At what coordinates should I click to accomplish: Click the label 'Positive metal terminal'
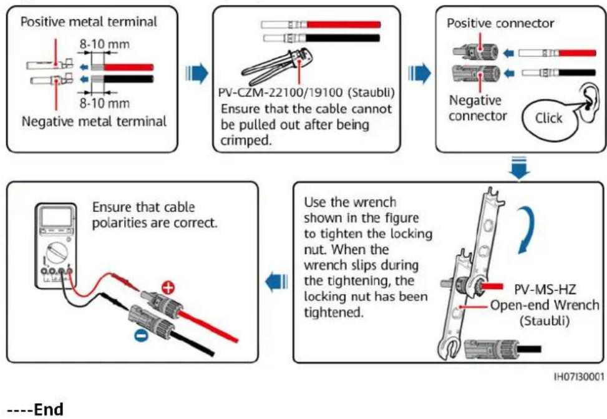point(89,22)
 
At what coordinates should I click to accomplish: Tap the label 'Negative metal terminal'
point(94,121)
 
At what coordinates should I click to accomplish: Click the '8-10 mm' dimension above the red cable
point(105,44)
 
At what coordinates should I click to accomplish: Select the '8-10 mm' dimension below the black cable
point(105,103)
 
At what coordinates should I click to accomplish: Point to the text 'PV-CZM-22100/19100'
point(280,92)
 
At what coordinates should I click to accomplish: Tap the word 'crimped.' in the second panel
point(246,140)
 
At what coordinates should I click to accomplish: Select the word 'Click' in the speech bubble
point(548,118)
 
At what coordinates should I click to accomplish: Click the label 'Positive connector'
point(500,23)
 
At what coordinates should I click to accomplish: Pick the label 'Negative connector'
point(478,108)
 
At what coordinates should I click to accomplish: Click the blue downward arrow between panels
point(519,168)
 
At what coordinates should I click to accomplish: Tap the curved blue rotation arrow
point(530,229)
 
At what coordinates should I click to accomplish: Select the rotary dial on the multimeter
point(57,252)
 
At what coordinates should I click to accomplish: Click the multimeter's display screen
point(57,217)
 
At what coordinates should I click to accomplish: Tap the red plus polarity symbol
point(168,288)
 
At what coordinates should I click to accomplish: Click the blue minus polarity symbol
point(141,336)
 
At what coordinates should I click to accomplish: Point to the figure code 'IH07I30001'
point(579,377)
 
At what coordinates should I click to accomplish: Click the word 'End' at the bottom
point(49,409)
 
